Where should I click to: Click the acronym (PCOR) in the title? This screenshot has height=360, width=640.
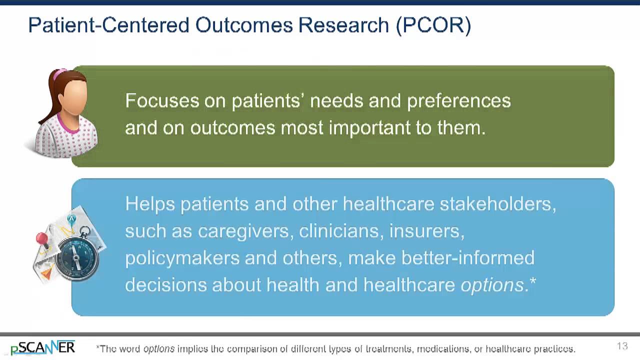(433, 25)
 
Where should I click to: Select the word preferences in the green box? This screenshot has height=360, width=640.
(458, 101)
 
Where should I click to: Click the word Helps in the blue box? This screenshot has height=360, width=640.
(149, 204)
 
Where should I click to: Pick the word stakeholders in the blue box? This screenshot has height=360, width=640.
(497, 204)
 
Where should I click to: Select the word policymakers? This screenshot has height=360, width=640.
(181, 258)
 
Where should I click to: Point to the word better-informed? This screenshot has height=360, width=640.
(467, 258)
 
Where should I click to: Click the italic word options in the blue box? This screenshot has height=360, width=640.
(492, 285)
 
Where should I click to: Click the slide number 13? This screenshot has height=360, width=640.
(622, 346)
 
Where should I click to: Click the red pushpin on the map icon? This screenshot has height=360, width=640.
(42, 239)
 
